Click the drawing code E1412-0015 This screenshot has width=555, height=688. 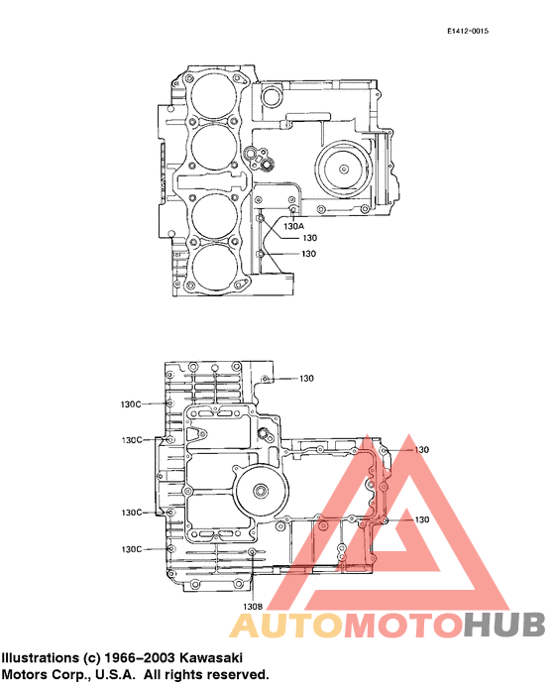click(x=468, y=32)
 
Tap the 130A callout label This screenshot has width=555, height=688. click(x=293, y=226)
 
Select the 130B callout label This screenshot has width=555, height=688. click(x=253, y=606)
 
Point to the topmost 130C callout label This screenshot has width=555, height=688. click(x=132, y=404)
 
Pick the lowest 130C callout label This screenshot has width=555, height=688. click(x=132, y=548)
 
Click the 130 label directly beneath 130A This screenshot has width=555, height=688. click(x=309, y=238)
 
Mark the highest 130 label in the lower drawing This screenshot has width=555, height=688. click(x=306, y=379)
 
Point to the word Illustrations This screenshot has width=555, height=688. click(x=41, y=657)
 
